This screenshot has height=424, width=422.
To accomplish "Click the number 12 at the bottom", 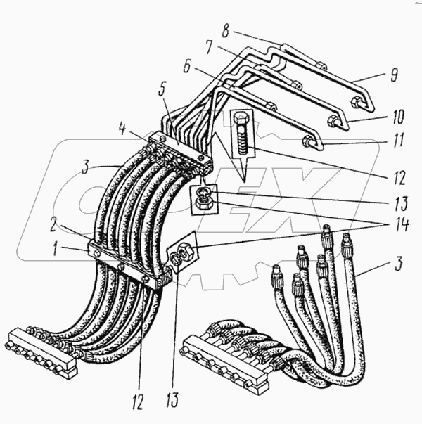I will (138, 402).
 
